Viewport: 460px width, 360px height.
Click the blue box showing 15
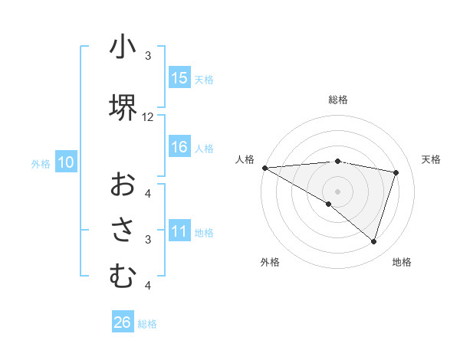pos(179,78)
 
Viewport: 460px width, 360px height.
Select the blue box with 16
pos(179,148)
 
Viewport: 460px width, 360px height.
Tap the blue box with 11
pos(179,232)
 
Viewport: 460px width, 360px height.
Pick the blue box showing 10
pos(65,162)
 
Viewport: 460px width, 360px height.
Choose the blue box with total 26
pos(122,322)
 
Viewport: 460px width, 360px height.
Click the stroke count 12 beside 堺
pos(148,117)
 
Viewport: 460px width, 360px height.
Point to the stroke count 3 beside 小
pos(148,56)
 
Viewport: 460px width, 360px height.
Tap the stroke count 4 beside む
pos(148,286)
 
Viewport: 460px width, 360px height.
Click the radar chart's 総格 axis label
pos(337,100)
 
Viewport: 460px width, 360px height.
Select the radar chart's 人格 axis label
pos(245,159)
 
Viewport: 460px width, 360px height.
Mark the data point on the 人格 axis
pos(264,167)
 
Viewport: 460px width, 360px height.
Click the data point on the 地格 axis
pos(373,241)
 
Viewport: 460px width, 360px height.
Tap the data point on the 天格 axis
pos(396,172)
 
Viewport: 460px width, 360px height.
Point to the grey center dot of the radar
pos(337,191)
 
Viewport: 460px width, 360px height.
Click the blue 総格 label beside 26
pos(147,324)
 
